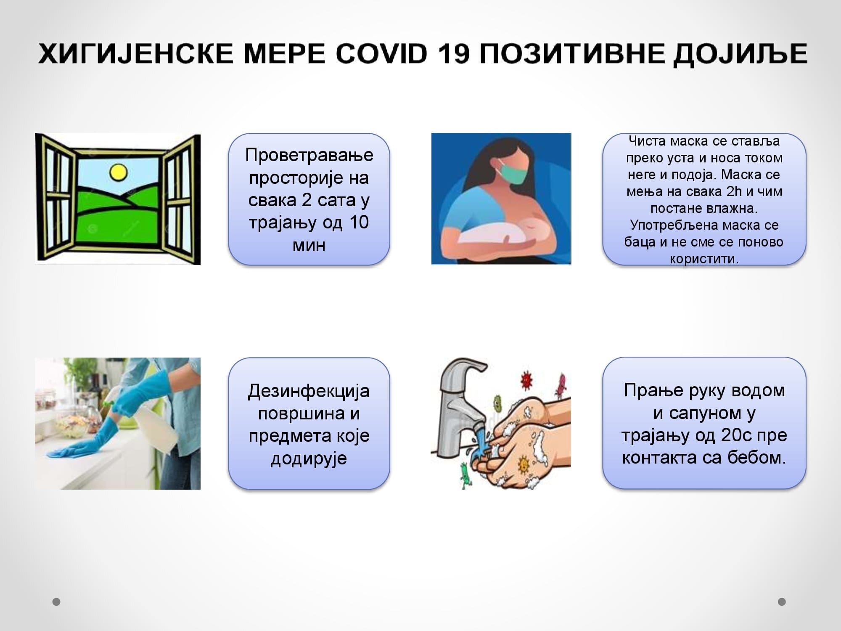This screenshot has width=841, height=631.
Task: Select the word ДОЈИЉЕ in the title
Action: point(740,54)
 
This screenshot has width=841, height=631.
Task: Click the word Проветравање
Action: point(309,155)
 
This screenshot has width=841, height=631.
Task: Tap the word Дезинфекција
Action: point(309,391)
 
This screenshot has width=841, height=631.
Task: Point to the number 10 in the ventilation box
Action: point(359,222)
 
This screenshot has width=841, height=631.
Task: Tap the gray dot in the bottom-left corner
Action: point(56,602)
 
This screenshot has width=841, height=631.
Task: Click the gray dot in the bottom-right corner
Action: point(782,602)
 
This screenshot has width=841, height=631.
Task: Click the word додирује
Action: point(309,459)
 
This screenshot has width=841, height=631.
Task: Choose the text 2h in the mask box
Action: point(734,191)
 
